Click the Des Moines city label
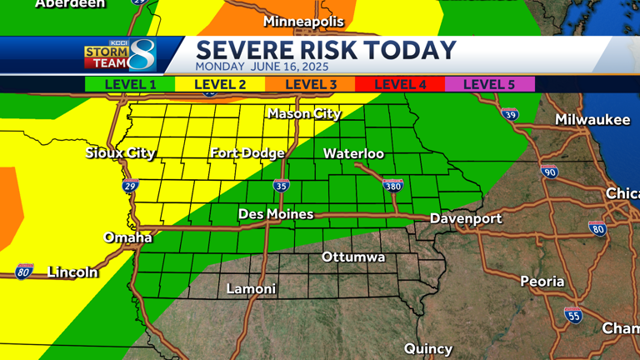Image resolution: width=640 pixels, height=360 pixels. click(x=276, y=214)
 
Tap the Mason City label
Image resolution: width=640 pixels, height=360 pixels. click(x=304, y=114)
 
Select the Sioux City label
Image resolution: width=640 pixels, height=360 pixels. click(x=121, y=152)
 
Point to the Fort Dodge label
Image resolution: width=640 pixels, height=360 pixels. click(x=247, y=152)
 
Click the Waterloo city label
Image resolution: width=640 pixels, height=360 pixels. click(x=353, y=153)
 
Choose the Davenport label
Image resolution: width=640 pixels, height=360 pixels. click(x=466, y=218)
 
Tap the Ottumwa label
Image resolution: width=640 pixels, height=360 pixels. click(x=353, y=257)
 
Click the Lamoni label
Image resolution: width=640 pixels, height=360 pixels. click(x=251, y=289)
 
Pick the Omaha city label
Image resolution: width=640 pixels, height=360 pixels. click(x=127, y=237)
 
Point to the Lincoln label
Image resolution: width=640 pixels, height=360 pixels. click(x=72, y=272)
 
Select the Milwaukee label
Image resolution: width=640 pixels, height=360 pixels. click(x=592, y=120)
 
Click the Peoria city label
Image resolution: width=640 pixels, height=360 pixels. click(x=542, y=281)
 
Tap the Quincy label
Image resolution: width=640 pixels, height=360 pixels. click(x=428, y=348)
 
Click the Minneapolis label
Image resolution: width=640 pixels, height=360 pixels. click(x=303, y=21)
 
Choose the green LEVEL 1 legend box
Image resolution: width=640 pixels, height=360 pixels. click(x=130, y=84)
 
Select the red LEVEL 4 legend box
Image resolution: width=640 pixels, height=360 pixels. click(x=400, y=84)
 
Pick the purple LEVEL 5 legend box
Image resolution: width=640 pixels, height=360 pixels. click(x=489, y=84)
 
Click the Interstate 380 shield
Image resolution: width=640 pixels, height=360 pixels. click(x=393, y=186)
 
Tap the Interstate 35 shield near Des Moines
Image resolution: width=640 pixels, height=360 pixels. click(x=281, y=186)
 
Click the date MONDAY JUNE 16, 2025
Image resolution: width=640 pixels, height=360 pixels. click(x=262, y=66)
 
